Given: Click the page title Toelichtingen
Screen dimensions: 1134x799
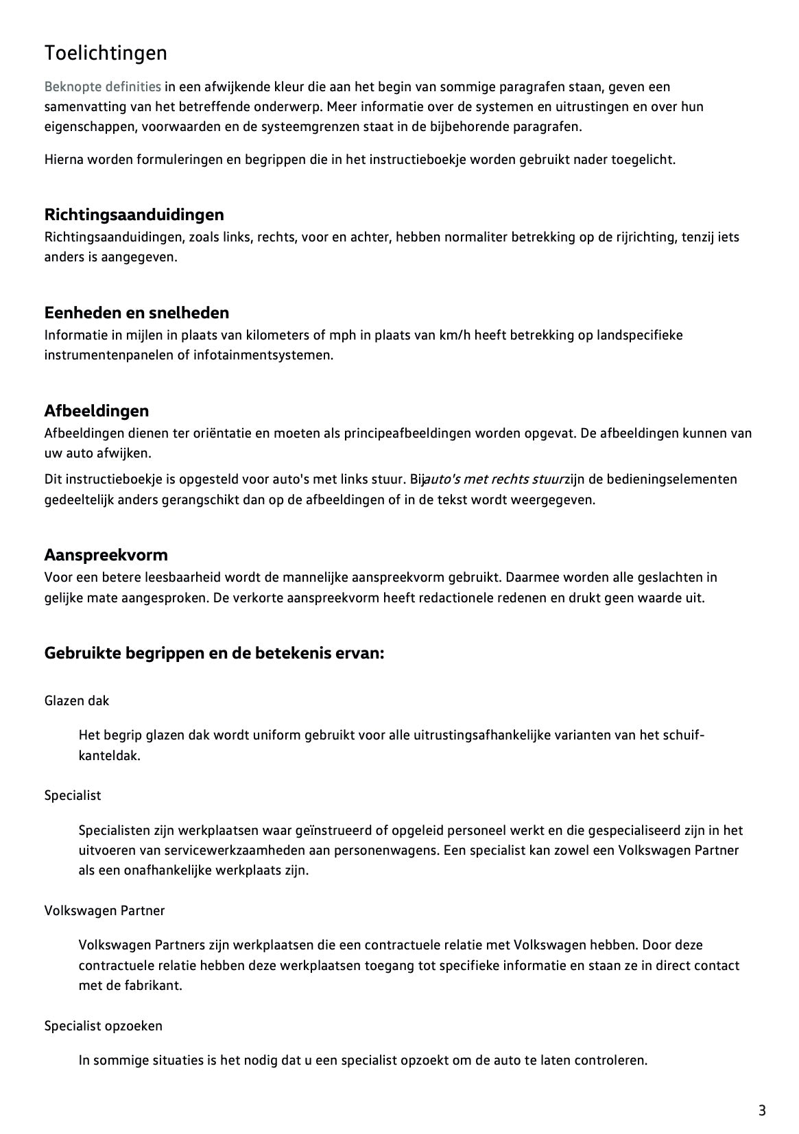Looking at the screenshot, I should pos(106,53).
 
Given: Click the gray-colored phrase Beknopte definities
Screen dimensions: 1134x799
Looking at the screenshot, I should pos(103,86).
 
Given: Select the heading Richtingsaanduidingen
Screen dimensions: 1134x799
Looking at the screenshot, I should pos(134,215).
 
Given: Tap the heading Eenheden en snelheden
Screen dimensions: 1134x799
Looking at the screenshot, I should pos(136,313).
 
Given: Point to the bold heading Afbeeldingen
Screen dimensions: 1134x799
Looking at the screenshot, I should pos(96,411).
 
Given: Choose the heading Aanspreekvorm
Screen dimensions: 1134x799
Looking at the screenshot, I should pos(106,554).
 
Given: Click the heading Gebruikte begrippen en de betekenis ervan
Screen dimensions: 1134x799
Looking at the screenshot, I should pos(214,652).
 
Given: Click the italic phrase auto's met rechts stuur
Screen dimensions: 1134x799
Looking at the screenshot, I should pos(494,479).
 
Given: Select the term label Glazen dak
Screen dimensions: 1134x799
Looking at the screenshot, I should pos(77,700).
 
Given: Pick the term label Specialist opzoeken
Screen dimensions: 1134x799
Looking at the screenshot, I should pos(104,1026).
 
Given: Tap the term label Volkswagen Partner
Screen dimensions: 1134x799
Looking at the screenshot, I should pos(104,910).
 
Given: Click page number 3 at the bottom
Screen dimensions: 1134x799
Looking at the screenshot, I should pos(762,1110).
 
